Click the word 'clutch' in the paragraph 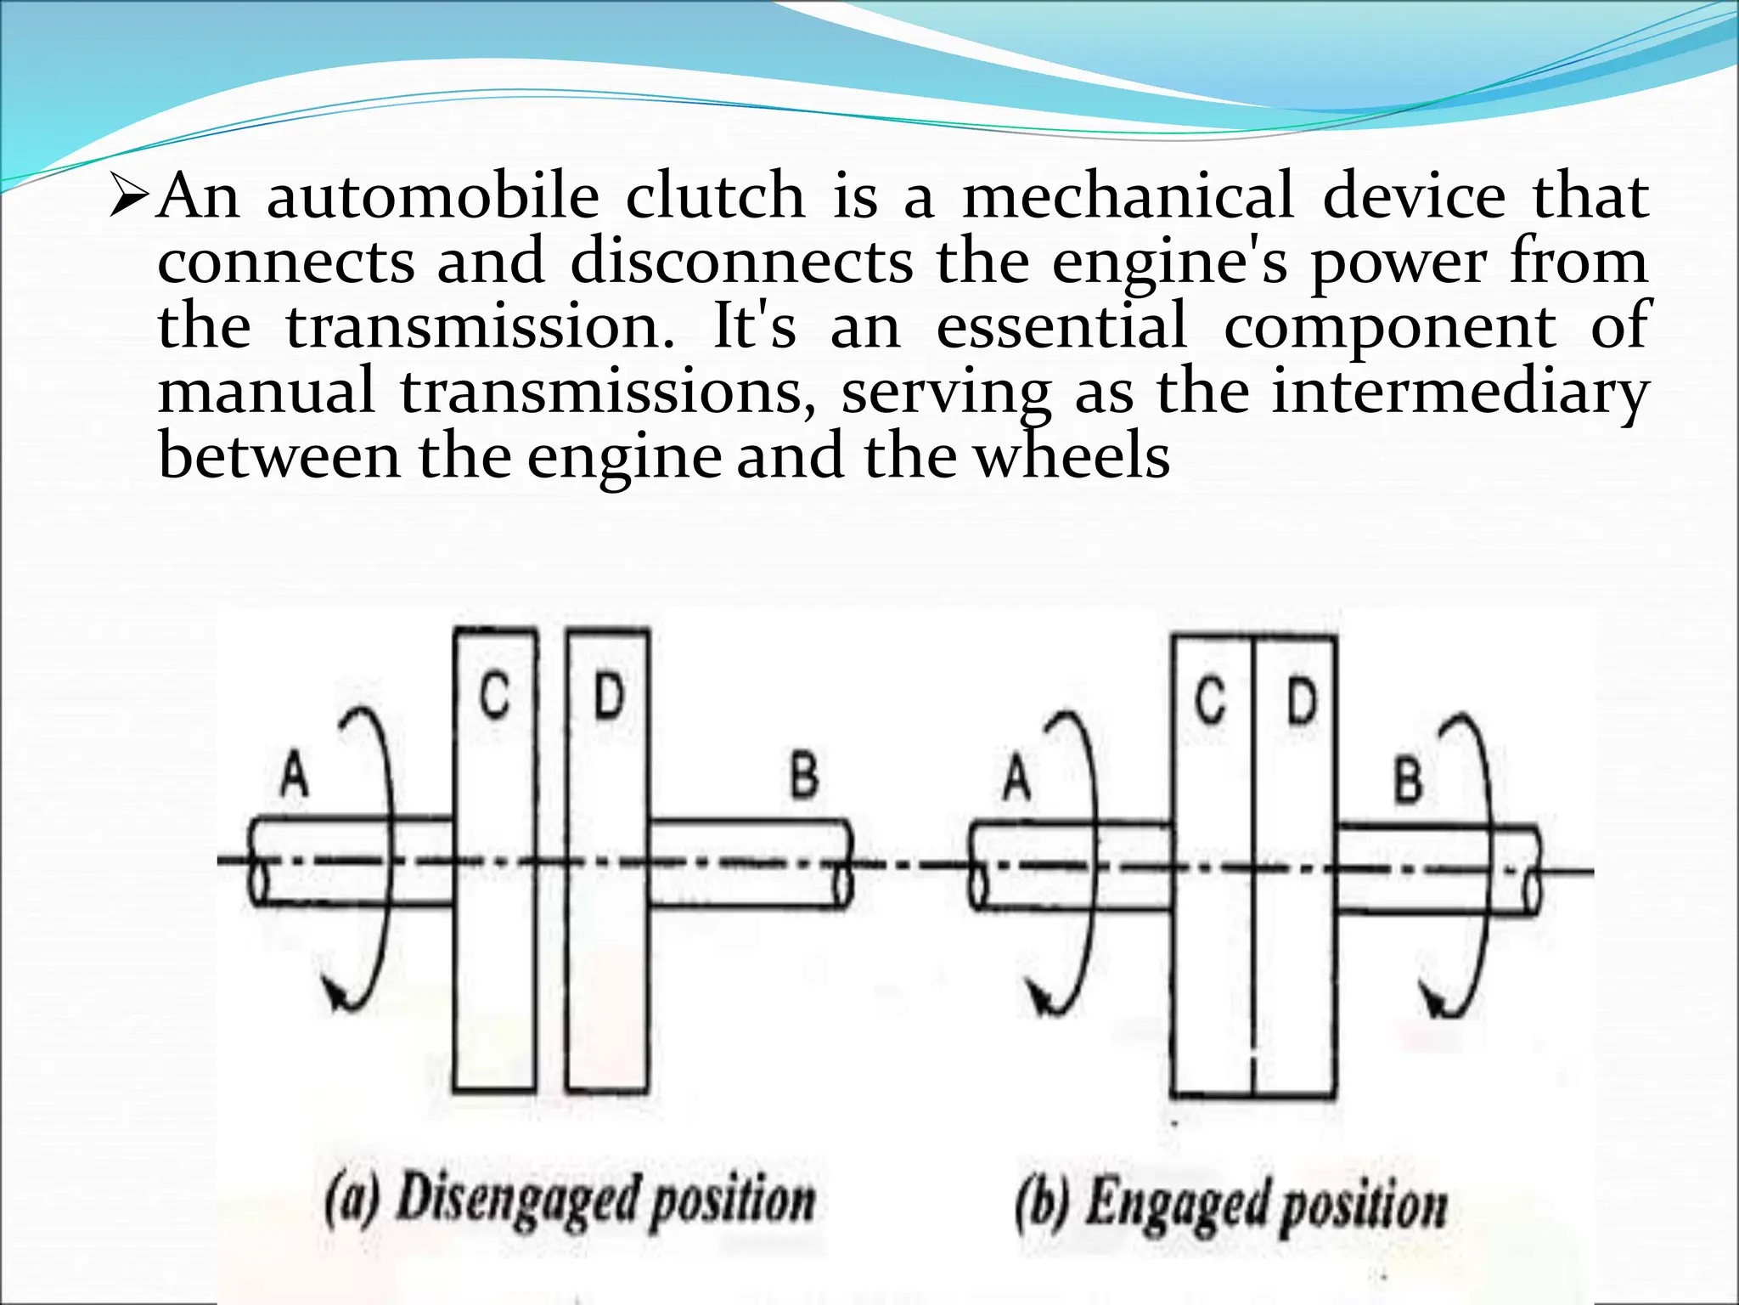[715, 197]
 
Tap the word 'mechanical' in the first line [1128, 197]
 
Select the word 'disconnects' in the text [741, 262]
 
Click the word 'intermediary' [1460, 393]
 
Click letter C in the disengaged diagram [494, 697]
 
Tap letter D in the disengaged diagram [608, 697]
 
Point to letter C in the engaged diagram [1211, 702]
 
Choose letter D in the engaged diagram [1301, 702]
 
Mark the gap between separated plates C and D [552, 858]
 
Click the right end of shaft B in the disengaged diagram [844, 865]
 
